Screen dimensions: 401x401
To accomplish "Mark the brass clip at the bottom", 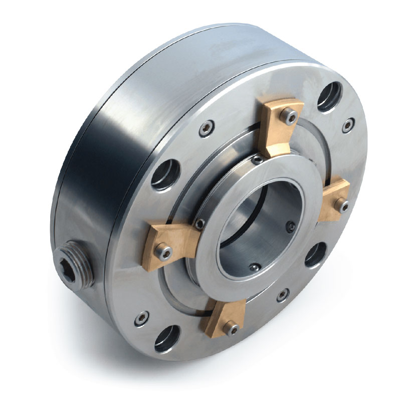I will (225, 321).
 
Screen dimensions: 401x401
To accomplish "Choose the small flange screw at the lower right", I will (282, 295).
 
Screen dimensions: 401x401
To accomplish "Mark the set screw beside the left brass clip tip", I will (199, 223).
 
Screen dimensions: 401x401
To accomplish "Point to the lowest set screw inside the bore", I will (255, 268).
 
